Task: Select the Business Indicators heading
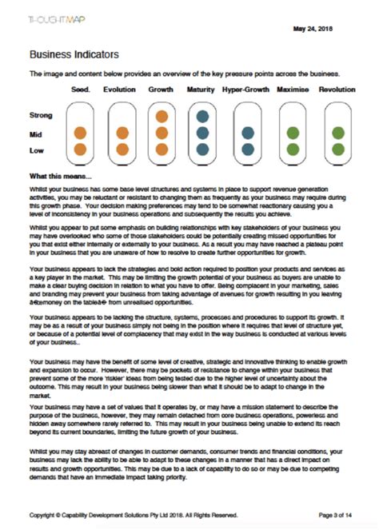click(74, 54)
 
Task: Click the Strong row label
click(41, 116)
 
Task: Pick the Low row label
click(36, 149)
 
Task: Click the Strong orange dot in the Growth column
click(162, 117)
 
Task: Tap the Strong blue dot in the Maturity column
click(202, 117)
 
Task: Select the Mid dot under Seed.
click(80, 133)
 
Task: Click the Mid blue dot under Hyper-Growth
click(248, 133)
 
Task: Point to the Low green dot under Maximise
click(293, 149)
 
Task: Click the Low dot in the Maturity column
click(202, 149)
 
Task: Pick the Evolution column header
click(120, 90)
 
